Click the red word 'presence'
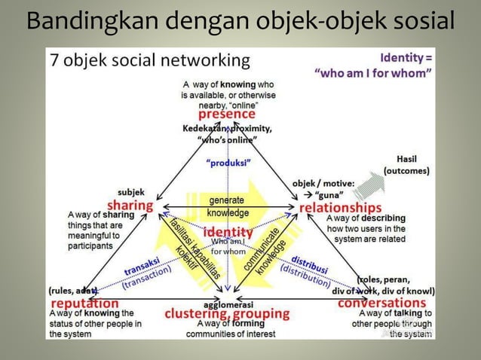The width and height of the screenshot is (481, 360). coord(226,115)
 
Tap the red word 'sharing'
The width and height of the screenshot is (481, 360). coord(130,206)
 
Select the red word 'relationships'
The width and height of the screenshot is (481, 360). coord(341,207)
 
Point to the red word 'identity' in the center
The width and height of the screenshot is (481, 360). coord(228,232)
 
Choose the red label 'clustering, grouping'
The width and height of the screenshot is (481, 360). coord(227,313)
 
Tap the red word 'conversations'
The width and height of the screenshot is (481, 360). coord(381,303)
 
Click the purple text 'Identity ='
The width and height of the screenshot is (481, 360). coord(406,56)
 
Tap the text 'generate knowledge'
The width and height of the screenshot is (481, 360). coord(226,206)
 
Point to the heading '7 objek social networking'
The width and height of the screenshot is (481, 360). coord(149,59)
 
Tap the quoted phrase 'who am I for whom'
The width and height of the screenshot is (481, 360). coord(373,74)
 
